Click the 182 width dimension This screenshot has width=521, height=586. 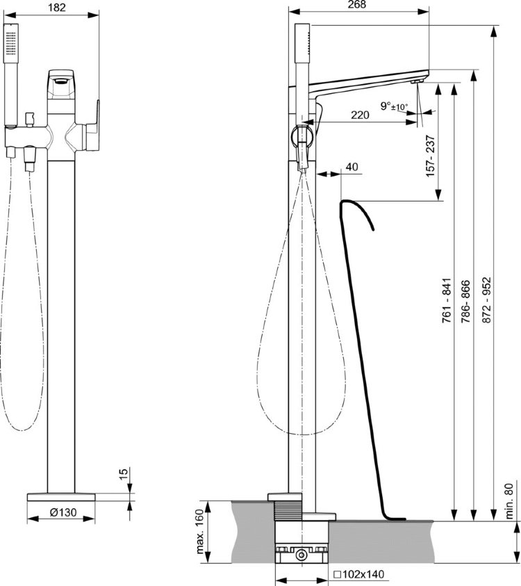point(57,8)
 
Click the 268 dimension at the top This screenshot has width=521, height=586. point(356,4)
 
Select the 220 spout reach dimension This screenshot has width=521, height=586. point(360,115)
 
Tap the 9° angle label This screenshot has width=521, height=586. point(385,106)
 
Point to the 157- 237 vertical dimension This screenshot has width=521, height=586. point(431,156)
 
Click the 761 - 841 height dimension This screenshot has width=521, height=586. point(447,300)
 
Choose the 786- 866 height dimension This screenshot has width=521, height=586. point(465,301)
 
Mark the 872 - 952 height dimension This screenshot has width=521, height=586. point(486,300)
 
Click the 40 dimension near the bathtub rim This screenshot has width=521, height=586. point(352,167)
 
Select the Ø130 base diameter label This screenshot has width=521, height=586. point(63,512)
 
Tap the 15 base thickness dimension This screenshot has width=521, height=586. point(124,472)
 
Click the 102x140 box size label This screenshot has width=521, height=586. point(358,574)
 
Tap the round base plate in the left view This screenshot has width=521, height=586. point(61,497)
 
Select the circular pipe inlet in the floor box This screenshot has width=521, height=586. point(301,555)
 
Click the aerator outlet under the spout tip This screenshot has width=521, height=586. point(417,81)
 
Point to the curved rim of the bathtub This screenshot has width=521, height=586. point(356,211)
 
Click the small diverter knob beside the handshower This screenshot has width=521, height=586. point(29,119)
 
